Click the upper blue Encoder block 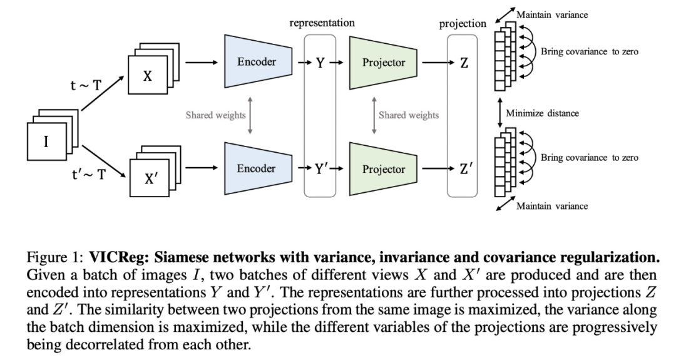click(256, 62)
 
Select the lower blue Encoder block click(256, 168)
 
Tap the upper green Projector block click(383, 62)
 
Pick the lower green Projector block click(383, 168)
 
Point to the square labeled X click(147, 77)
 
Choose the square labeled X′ click(150, 178)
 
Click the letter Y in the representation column click(320, 62)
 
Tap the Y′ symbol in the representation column click(322, 168)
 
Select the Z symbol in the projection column click(464, 62)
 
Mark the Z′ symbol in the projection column click(466, 168)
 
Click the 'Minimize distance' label click(542, 113)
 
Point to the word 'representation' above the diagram click(322, 23)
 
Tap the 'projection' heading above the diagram click(463, 23)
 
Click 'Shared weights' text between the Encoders click(215, 115)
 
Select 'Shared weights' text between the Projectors click(409, 115)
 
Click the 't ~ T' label click(86, 86)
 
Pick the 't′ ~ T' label click(88, 173)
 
